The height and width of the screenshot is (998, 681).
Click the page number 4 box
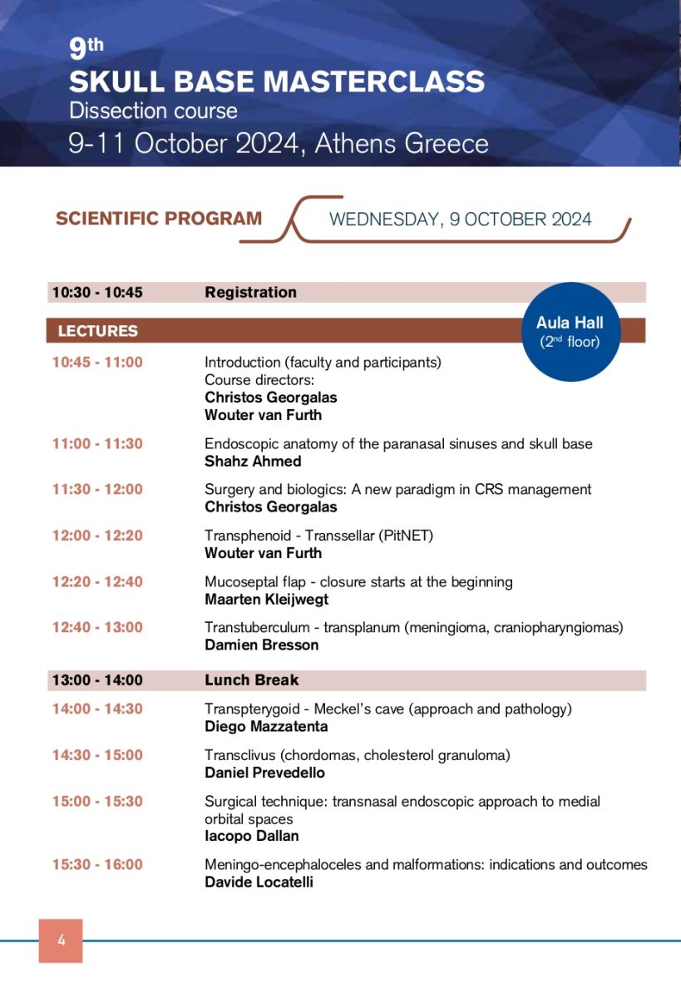tap(61, 941)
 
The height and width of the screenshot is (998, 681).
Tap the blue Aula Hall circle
tap(570, 331)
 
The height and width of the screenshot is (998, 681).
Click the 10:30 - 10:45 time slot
tap(97, 293)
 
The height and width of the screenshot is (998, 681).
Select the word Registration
tap(250, 293)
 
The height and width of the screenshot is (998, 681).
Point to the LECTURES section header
tap(98, 331)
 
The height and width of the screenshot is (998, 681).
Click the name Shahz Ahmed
tap(253, 461)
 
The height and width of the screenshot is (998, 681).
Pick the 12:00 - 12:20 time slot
tap(97, 536)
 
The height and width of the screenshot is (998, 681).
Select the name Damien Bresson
tap(262, 645)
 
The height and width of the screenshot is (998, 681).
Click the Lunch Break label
tap(251, 680)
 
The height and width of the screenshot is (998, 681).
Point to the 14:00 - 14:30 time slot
tap(97, 709)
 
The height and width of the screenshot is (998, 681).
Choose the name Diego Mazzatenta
tap(266, 727)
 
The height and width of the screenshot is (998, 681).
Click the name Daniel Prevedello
tap(264, 773)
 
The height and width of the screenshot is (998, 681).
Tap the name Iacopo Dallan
tap(251, 836)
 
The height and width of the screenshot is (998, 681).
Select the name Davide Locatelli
tap(259, 882)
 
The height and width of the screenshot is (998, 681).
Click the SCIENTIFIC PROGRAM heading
tap(159, 219)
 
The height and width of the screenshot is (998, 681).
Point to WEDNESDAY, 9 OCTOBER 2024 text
tap(460, 220)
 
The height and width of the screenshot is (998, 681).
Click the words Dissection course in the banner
tap(153, 111)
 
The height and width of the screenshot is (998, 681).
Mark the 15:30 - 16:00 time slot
tap(97, 865)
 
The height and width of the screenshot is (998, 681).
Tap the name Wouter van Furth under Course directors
tap(263, 415)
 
